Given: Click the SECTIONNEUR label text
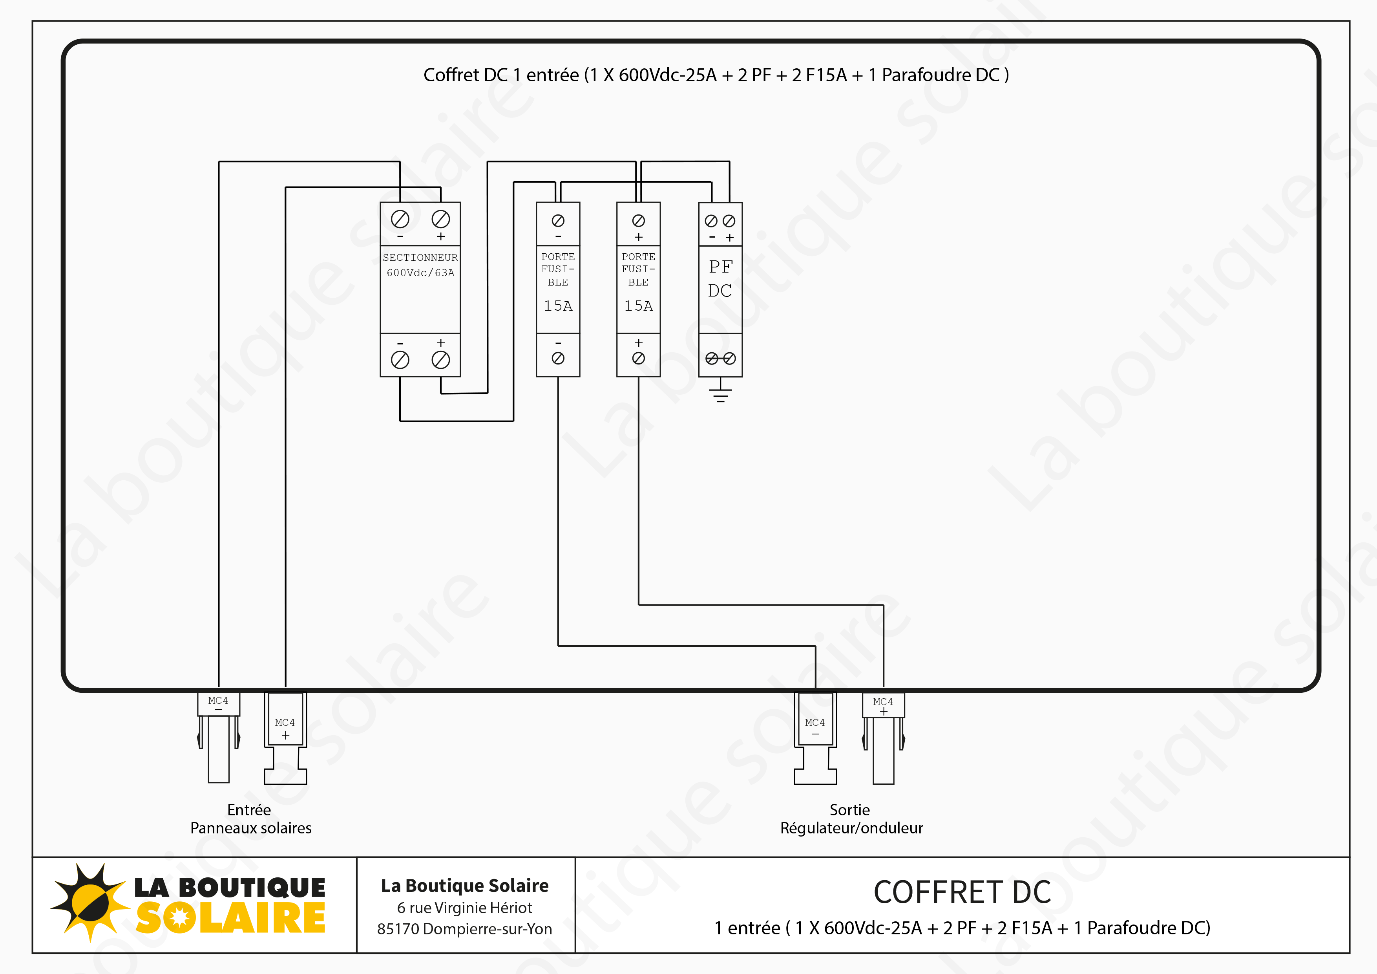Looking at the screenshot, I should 420,258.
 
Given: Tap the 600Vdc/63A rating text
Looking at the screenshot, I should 420,273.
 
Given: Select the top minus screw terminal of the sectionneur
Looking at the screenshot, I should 400,219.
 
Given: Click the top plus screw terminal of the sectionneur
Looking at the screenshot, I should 441,219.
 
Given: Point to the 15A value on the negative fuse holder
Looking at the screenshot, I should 558,306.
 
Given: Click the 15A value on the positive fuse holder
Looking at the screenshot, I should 638,306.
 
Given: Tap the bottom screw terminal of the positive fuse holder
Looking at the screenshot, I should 638,358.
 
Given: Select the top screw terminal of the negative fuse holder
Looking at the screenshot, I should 558,221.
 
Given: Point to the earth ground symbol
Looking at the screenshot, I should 720,393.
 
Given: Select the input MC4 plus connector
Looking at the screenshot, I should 285,738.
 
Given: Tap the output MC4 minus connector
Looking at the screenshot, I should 815,738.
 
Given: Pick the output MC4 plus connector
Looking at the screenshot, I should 884,738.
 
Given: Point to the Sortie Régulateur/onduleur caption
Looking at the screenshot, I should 851,819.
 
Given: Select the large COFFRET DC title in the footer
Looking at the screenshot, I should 962,892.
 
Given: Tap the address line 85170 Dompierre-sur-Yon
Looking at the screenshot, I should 464,929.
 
